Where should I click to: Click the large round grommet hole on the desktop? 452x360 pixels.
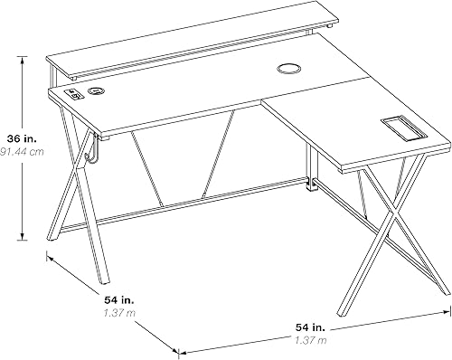click(288, 69)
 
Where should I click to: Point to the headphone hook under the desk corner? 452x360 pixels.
click(89, 154)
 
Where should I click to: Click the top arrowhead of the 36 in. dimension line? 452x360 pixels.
click(22, 56)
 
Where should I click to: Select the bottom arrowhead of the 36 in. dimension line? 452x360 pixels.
click(22, 242)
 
